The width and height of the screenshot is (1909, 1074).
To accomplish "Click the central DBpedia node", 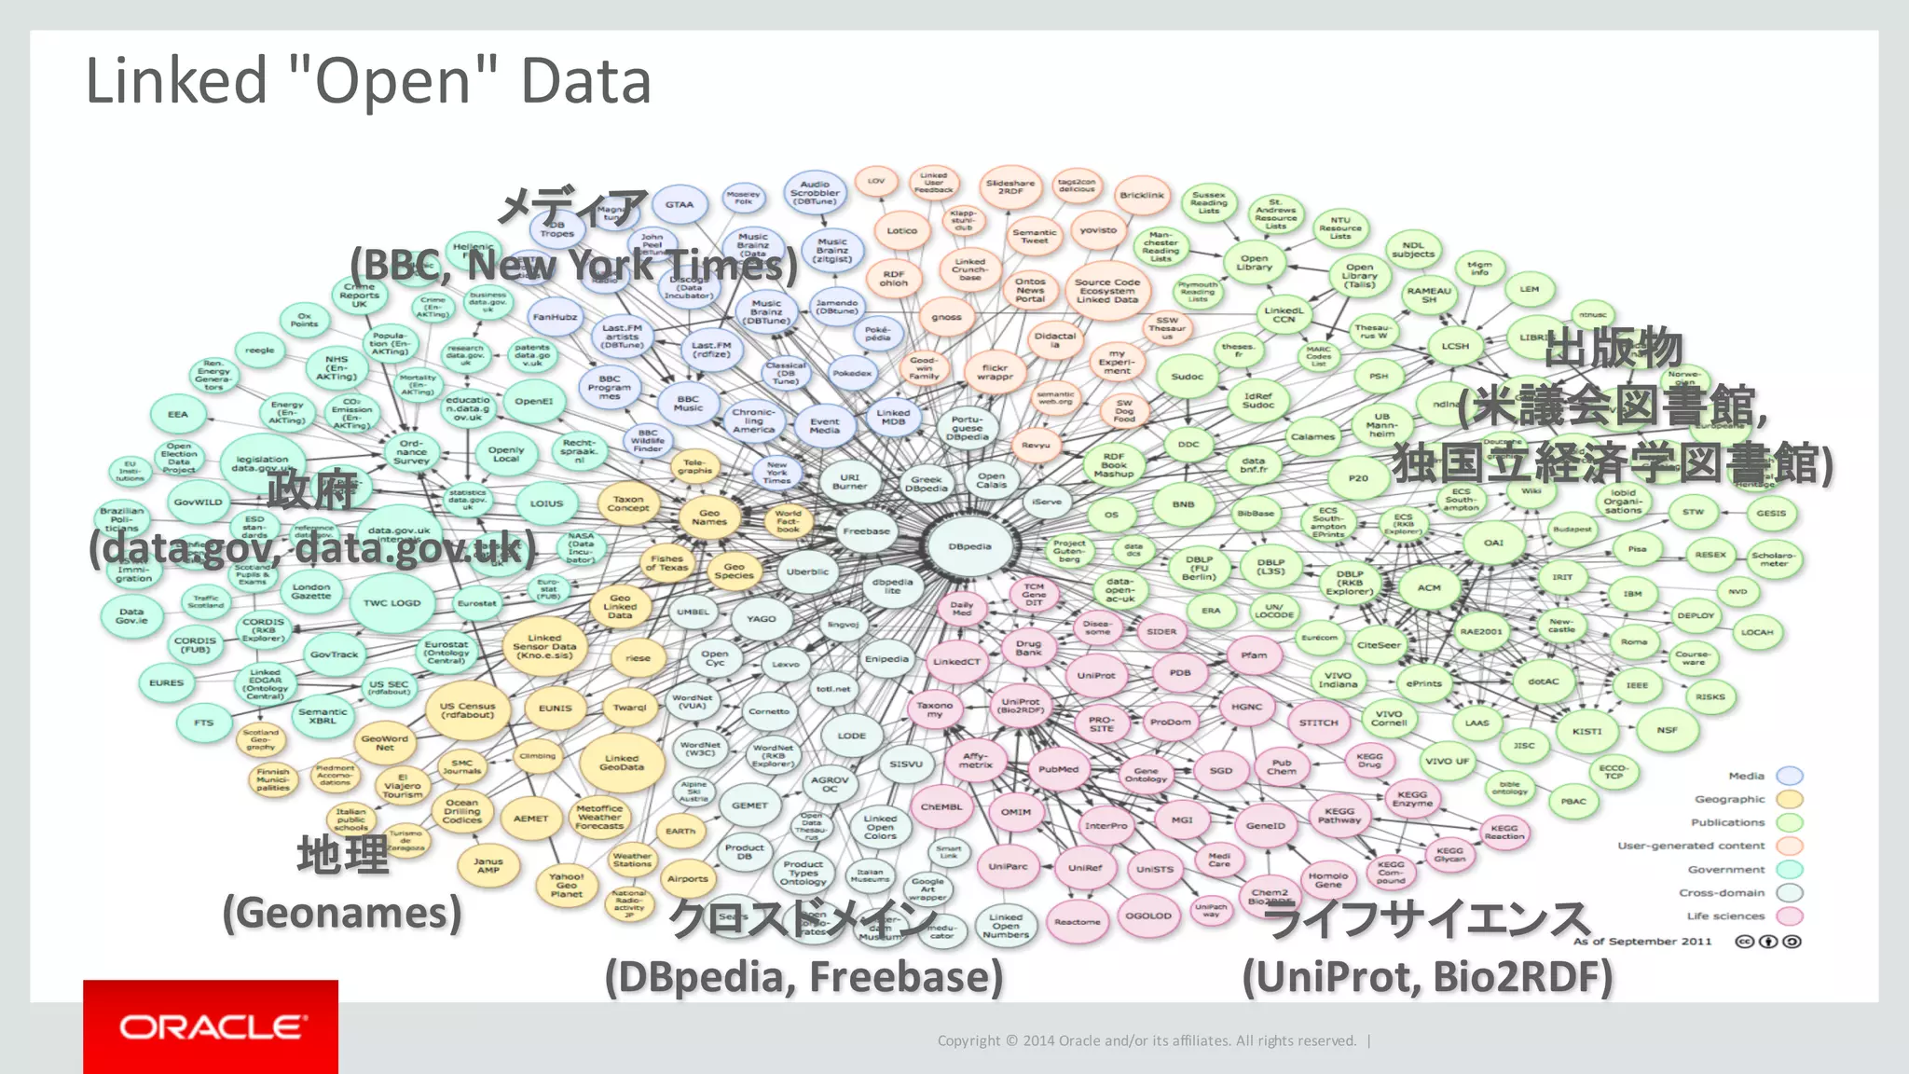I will (x=969, y=547).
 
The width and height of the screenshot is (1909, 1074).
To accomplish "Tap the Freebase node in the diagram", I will (x=866, y=531).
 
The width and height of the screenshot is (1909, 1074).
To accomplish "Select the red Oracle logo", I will (x=211, y=1026).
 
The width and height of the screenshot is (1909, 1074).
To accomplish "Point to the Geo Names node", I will (x=709, y=517).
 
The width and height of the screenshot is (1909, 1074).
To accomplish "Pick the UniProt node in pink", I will (x=1095, y=675).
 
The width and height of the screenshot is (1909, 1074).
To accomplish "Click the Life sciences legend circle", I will (x=1790, y=916).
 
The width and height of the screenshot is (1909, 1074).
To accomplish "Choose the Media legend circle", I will (x=1790, y=776).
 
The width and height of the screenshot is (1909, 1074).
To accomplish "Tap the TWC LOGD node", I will (x=391, y=603).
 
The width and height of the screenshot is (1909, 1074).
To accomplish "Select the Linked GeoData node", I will (x=622, y=763).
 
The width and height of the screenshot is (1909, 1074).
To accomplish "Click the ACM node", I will (x=1429, y=588).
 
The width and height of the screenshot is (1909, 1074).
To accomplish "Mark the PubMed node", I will (x=1058, y=770).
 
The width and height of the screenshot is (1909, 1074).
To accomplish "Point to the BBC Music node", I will (x=688, y=404).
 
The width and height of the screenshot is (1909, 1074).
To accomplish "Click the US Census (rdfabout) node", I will (x=467, y=710).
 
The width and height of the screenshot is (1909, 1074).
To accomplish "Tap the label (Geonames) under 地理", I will (x=342, y=913).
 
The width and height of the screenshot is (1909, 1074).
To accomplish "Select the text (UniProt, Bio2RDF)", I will (x=1427, y=977).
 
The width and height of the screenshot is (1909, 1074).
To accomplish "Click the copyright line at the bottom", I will (x=1147, y=1040).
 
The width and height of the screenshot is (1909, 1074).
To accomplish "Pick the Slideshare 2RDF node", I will (x=1010, y=187).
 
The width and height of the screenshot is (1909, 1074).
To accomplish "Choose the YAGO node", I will (x=761, y=619).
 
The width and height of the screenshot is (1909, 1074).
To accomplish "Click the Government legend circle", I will (x=1790, y=870).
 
